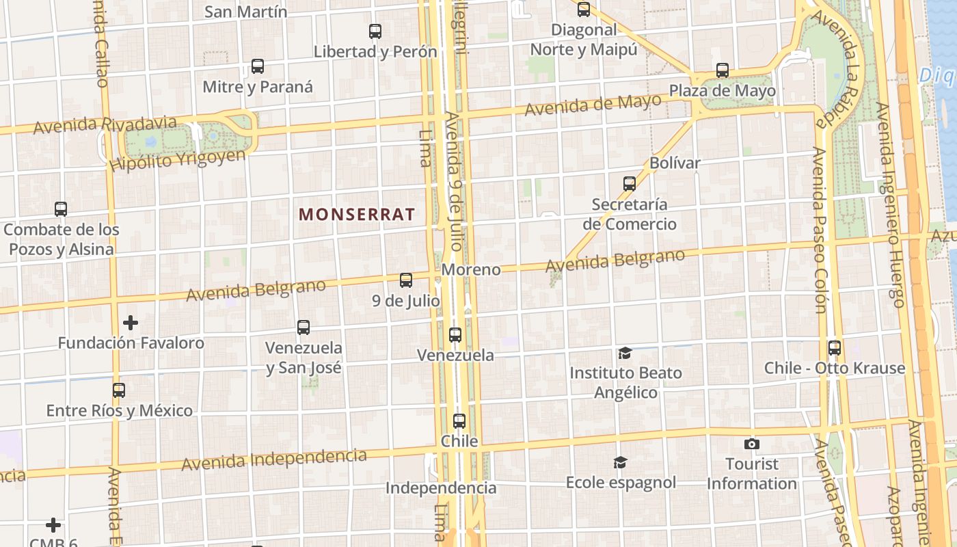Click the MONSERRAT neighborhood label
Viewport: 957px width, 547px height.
click(357, 214)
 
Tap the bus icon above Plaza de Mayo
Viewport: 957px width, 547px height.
click(723, 70)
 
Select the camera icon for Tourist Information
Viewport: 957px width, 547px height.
click(752, 444)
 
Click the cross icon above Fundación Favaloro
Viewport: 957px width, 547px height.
click(131, 323)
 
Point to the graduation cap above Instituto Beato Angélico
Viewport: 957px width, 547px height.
click(625, 353)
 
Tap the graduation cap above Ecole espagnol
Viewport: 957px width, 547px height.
click(620, 463)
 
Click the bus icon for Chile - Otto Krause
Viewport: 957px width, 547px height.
click(835, 348)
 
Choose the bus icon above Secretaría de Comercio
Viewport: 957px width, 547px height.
click(630, 184)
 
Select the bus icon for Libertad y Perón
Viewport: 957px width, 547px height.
click(375, 31)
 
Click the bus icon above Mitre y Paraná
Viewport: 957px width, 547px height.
click(258, 67)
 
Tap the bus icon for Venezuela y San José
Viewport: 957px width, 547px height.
click(304, 328)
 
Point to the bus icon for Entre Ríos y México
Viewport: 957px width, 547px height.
click(119, 390)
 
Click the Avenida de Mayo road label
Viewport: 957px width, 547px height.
click(593, 105)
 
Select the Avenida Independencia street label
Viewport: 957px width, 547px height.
click(273, 459)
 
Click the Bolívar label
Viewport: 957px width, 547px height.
click(675, 163)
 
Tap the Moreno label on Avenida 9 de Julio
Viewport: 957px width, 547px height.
click(471, 269)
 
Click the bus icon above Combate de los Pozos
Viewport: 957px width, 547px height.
click(61, 209)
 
